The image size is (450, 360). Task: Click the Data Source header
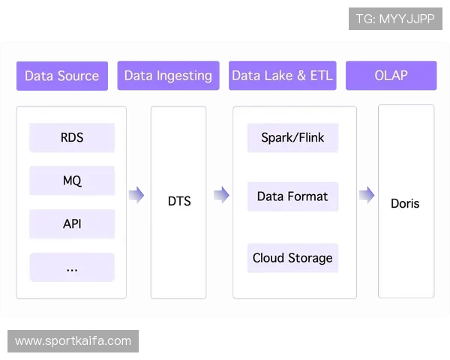(62, 76)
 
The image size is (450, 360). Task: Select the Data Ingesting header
(168, 76)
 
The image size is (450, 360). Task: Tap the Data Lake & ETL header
(282, 76)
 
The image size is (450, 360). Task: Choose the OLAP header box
(391, 76)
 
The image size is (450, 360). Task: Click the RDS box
(72, 138)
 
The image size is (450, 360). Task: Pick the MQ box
(72, 181)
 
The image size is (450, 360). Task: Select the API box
(72, 223)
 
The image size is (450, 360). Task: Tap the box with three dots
(72, 267)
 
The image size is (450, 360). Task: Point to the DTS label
(179, 201)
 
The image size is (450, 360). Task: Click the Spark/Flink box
(292, 138)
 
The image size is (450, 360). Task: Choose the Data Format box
(292, 196)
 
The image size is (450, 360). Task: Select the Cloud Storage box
(292, 258)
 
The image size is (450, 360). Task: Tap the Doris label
(405, 203)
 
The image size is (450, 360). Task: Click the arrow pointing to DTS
(136, 196)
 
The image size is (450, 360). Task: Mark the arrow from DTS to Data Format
(221, 196)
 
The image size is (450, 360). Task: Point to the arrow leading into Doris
(366, 196)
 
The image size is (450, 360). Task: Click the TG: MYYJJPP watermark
(395, 19)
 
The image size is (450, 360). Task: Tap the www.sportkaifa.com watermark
(73, 341)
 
